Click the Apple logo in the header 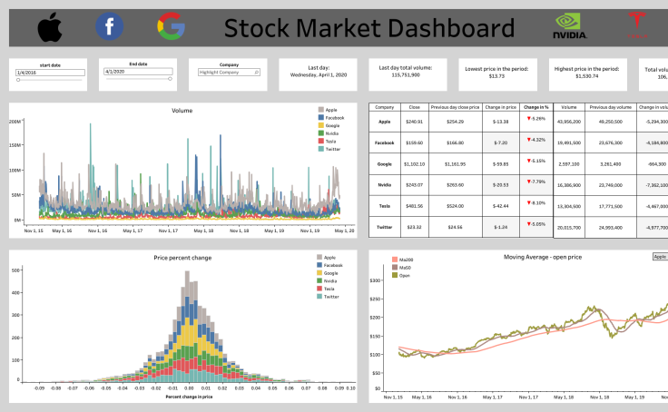[51, 28]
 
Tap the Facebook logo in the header [110, 28]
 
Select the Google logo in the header [171, 28]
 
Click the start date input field [47, 71]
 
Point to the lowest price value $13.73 [496, 76]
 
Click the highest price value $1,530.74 [578, 76]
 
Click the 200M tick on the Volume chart [15, 144]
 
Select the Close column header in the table [414, 106]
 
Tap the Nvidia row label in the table [384, 185]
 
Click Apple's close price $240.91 [414, 121]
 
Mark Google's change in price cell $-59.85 [500, 163]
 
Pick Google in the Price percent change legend [329, 273]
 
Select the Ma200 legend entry [404, 260]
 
